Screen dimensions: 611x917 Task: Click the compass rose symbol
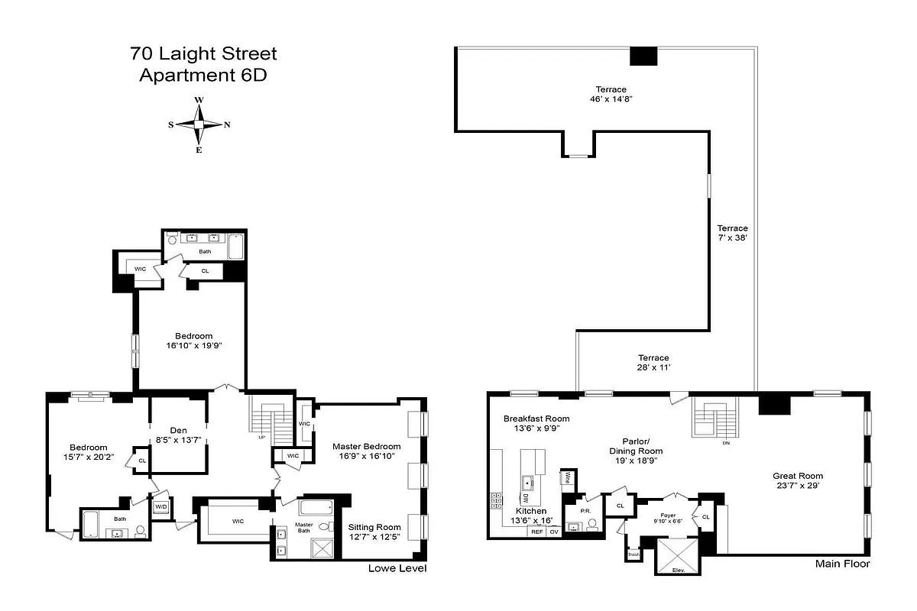199,124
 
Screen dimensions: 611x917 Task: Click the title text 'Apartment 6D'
203,76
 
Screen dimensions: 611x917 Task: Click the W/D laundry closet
161,508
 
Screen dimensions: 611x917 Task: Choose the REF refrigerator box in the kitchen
537,532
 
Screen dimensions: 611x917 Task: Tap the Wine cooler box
568,478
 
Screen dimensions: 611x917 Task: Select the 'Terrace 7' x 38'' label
732,233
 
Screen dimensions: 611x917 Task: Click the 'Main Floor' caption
843,564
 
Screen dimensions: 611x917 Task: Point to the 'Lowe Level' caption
397,569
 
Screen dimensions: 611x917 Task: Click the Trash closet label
633,554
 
